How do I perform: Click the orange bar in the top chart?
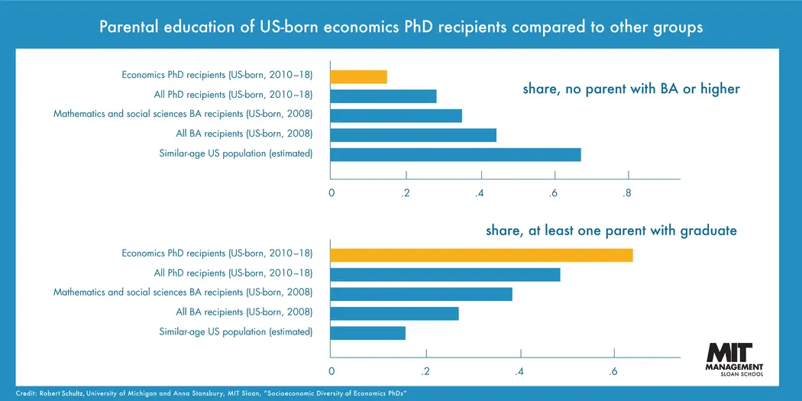click(358, 76)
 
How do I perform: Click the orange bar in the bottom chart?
click(481, 255)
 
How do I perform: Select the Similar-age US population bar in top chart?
click(455, 154)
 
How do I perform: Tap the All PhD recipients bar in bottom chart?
click(445, 275)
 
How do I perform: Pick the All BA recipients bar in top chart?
click(413, 135)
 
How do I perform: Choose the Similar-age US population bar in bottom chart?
click(367, 333)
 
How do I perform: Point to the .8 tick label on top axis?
click(627, 193)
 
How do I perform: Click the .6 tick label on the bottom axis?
click(613, 371)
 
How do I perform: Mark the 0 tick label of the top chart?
click(331, 193)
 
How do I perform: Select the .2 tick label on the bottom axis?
click(425, 371)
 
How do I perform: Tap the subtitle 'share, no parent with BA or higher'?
click(631, 89)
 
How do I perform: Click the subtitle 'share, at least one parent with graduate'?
click(611, 231)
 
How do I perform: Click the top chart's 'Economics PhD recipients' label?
click(217, 75)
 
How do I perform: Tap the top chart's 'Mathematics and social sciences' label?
click(183, 115)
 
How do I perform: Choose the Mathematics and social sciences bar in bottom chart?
click(421, 294)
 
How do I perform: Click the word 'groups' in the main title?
click(677, 27)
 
